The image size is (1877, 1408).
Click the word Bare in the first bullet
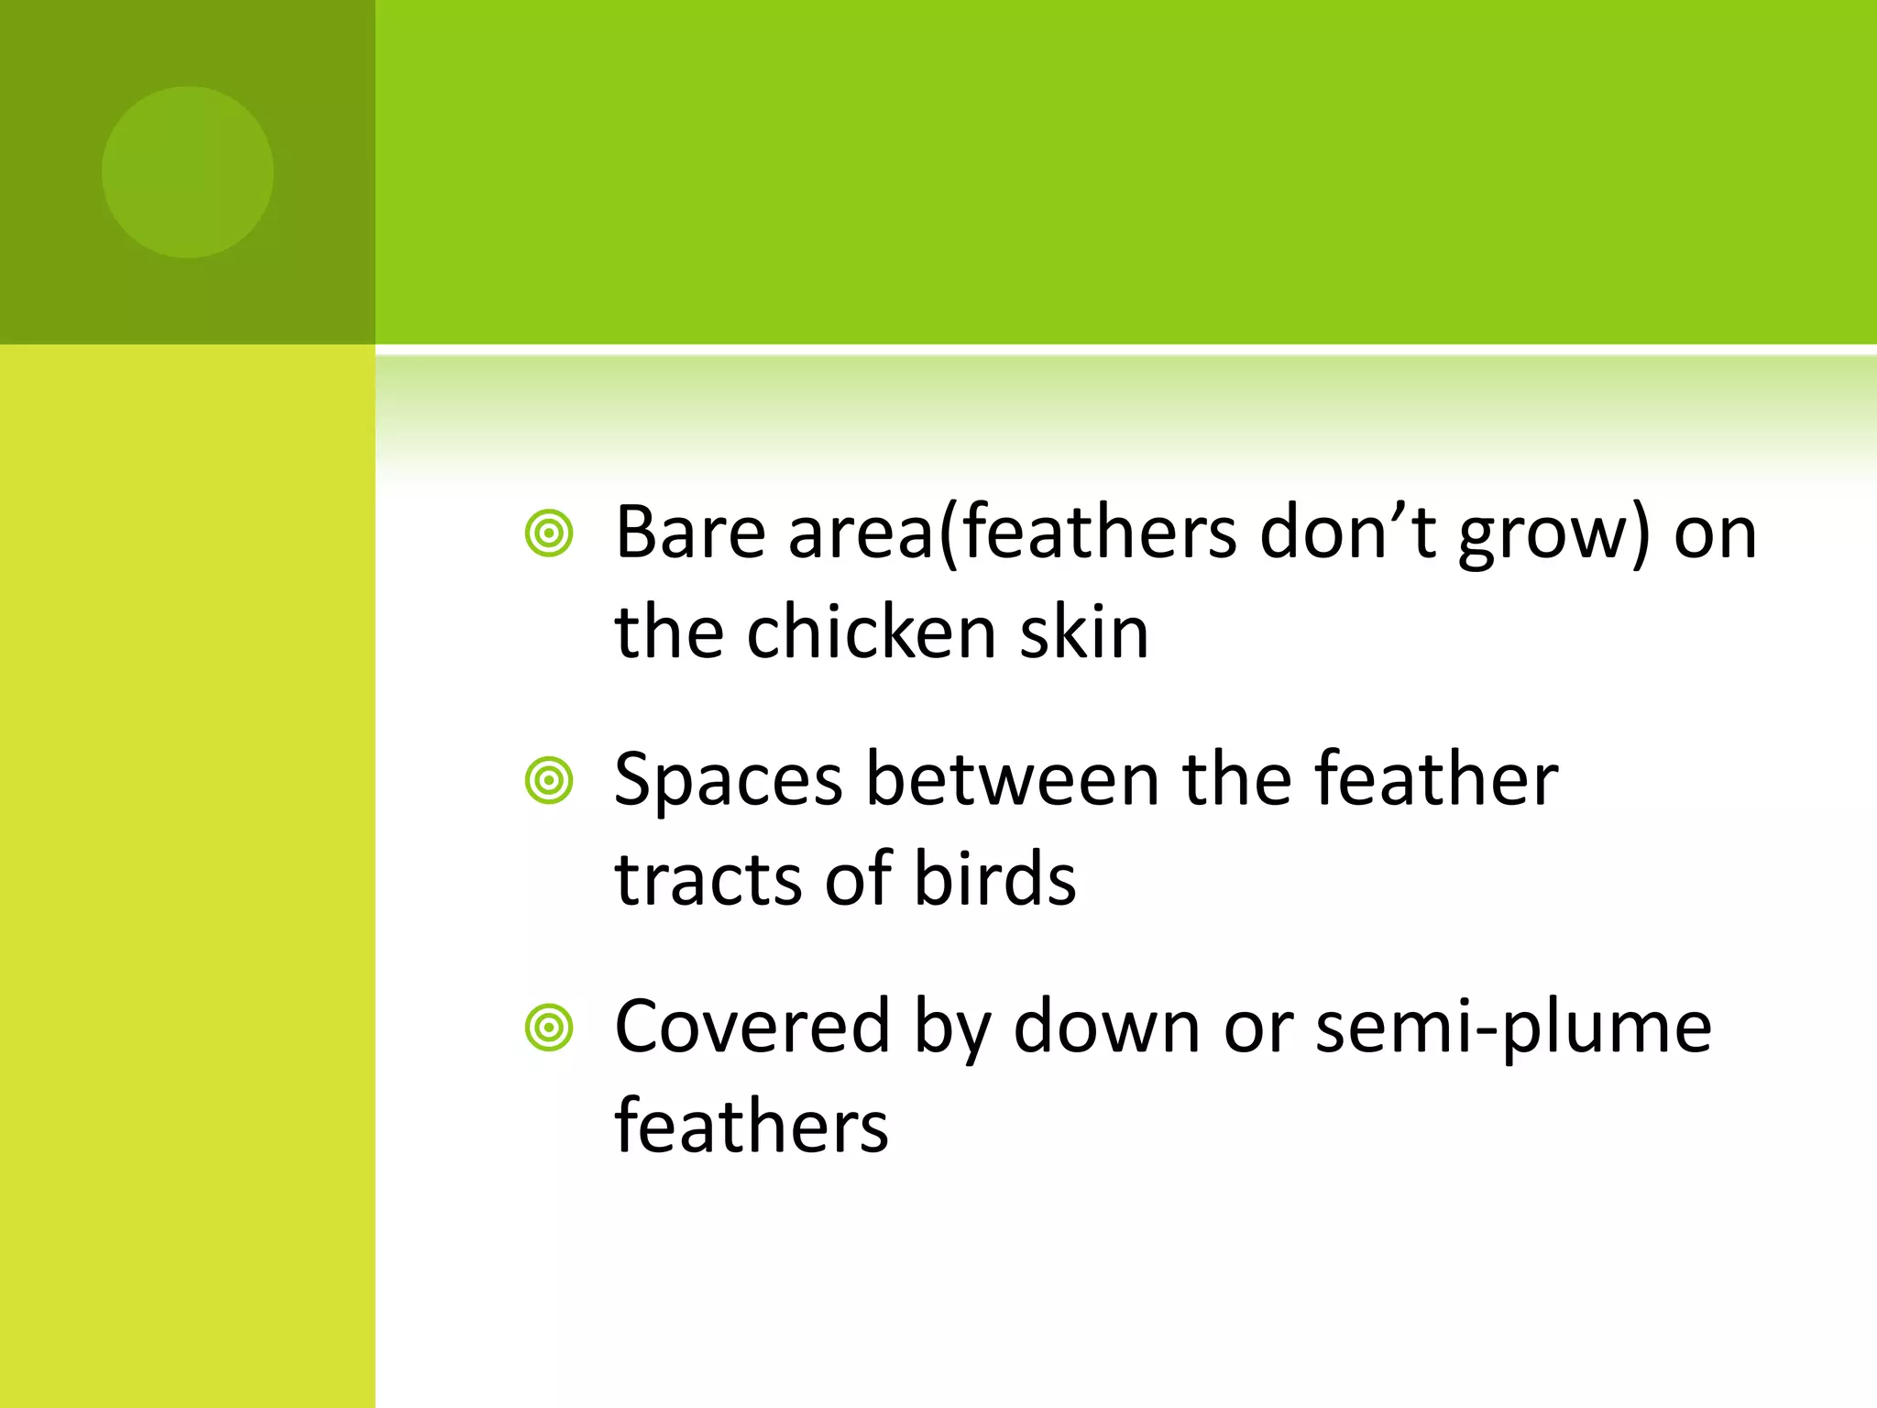(x=690, y=533)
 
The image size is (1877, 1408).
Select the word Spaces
(x=728, y=781)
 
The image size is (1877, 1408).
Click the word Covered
(x=752, y=1027)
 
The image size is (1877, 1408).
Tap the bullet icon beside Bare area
(x=549, y=534)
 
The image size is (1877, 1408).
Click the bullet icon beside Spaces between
(x=549, y=781)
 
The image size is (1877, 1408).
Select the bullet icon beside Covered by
(x=549, y=1028)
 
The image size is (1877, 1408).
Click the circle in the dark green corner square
(x=188, y=172)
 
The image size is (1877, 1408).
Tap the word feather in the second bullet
(x=1436, y=779)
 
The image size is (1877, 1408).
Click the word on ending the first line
(x=1715, y=534)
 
